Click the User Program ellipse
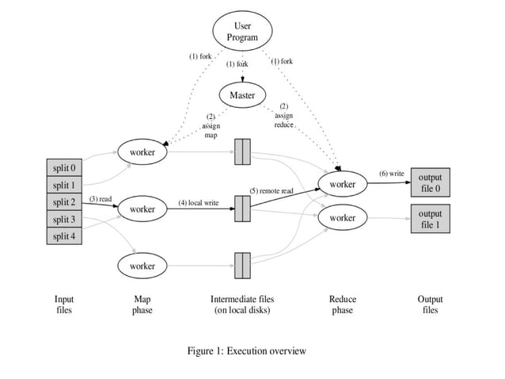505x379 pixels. (x=242, y=32)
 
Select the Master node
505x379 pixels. (x=242, y=96)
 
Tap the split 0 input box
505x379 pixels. (x=64, y=167)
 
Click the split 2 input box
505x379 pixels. (x=64, y=202)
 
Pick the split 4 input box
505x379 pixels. (x=64, y=236)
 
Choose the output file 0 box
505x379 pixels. (x=431, y=183)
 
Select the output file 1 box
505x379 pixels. (x=431, y=219)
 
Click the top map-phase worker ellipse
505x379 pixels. (x=142, y=151)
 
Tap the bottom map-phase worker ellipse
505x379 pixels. (x=142, y=266)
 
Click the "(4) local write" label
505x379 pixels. (x=198, y=203)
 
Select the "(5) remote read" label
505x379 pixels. (x=271, y=191)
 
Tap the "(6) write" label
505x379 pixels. (x=391, y=173)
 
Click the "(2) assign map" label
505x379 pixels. (x=211, y=126)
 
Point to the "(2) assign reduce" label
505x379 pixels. (x=283, y=116)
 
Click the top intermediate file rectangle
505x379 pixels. (x=242, y=151)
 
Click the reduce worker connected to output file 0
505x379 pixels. (x=343, y=184)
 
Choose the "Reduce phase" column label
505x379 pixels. (x=343, y=305)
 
